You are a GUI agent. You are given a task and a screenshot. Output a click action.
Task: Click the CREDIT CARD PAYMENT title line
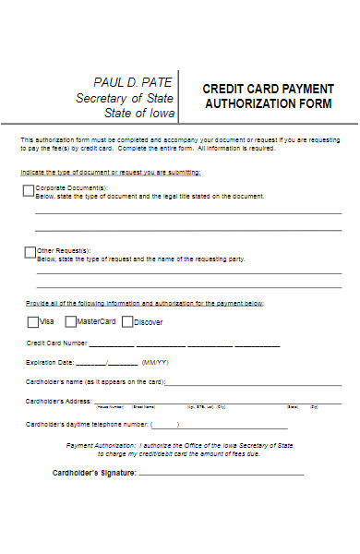point(268,89)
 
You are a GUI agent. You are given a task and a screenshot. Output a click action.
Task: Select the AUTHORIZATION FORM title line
point(268,104)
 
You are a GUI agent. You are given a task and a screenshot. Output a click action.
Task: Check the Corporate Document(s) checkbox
point(29,191)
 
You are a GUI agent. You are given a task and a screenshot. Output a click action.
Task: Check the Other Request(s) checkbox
point(29,252)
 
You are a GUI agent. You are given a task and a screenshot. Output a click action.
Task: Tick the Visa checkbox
point(33,322)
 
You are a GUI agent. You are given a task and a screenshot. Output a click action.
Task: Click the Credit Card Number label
point(56,343)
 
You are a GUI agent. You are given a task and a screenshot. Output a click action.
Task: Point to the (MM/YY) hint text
point(154,362)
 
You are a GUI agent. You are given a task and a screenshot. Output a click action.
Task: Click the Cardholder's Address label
point(58,402)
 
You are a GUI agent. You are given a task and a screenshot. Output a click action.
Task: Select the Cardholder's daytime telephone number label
point(87,424)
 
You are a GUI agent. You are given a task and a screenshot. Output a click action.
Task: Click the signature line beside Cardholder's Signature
point(222,474)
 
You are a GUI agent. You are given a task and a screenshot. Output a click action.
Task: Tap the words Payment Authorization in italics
point(101,445)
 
